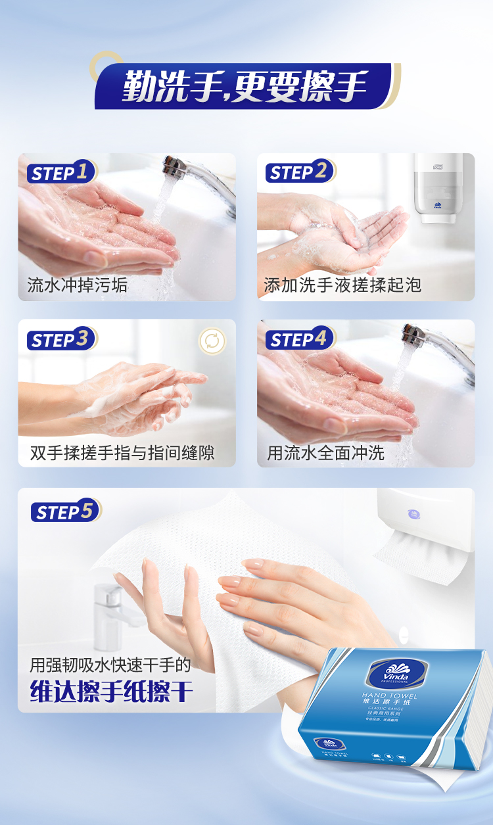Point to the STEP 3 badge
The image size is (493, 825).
[x=60, y=340]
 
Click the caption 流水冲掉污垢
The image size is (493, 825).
[x=77, y=285]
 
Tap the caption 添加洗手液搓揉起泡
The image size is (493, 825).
[x=342, y=285]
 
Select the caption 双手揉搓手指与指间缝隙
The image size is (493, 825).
[x=122, y=453]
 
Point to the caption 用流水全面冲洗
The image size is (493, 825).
[x=325, y=453]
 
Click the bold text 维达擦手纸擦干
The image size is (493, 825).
[x=112, y=690]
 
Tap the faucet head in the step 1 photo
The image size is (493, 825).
[x=176, y=167]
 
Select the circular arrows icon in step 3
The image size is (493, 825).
[x=212, y=341]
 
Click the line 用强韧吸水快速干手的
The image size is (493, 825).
[x=110, y=665]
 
